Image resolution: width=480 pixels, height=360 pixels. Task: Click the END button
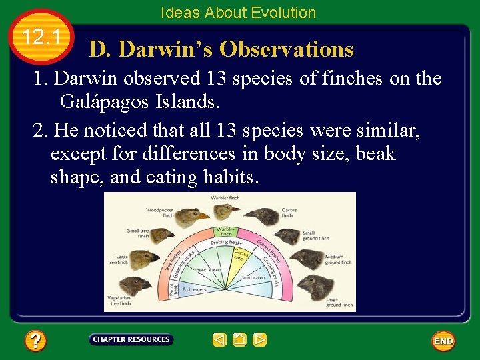click(443, 341)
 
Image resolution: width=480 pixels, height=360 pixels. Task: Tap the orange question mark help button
click(35, 341)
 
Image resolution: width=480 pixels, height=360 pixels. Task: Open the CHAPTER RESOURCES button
click(131, 340)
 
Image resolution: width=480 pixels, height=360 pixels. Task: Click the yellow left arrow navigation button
click(219, 340)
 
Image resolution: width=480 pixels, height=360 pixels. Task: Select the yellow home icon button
click(240, 340)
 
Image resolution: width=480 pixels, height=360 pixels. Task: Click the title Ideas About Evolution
click(238, 13)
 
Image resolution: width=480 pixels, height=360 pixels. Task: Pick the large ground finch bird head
click(313, 285)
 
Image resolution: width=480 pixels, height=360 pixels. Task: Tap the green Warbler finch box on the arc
click(226, 232)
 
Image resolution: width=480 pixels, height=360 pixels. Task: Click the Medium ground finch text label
click(334, 259)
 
